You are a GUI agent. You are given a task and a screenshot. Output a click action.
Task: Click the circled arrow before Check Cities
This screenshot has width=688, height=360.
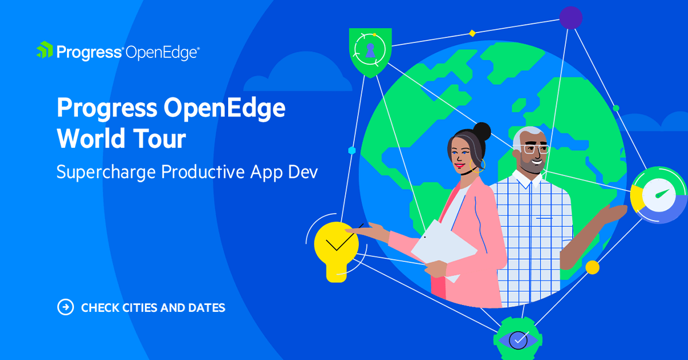pos(65,307)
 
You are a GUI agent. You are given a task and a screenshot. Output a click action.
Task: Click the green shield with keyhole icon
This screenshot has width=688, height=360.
pos(369,52)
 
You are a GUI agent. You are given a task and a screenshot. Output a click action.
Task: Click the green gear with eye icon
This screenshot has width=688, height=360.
pos(518,339)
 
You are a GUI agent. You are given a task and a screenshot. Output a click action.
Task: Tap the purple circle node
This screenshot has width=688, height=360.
pos(570,18)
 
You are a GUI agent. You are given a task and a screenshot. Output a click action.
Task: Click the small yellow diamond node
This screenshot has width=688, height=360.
pos(472,33)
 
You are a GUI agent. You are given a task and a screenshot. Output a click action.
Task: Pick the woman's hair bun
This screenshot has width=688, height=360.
pos(482,131)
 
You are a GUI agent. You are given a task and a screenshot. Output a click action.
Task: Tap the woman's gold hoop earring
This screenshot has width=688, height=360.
pos(477,166)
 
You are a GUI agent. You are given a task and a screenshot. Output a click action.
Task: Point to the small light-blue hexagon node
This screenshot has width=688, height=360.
pos(352,150)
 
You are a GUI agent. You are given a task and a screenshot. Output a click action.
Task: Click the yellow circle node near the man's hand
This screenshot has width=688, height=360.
pos(592,267)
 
